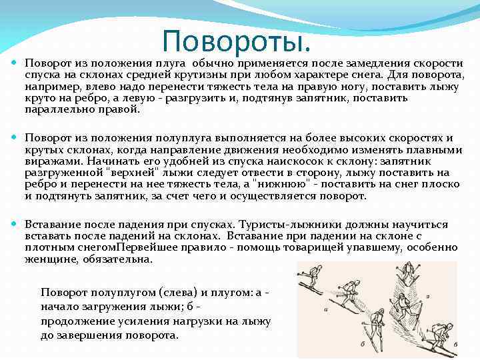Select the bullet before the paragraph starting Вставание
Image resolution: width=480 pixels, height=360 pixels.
[x=15, y=225]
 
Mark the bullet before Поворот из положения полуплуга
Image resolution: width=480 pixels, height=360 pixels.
[x=15, y=138]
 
